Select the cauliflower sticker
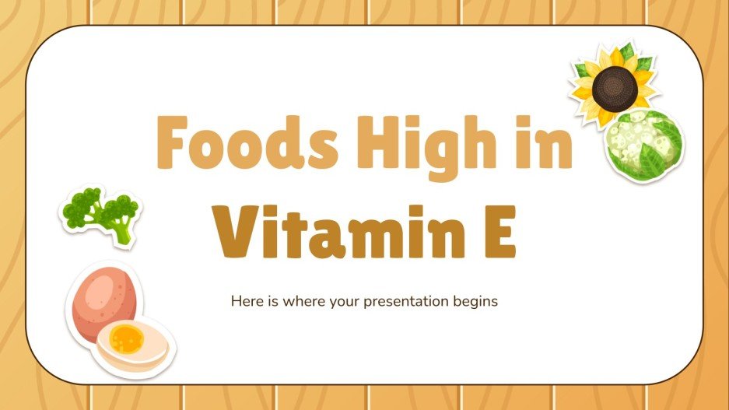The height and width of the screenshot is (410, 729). [644, 145]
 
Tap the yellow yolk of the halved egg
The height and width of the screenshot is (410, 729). [127, 339]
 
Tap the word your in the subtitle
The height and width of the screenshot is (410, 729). [342, 301]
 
